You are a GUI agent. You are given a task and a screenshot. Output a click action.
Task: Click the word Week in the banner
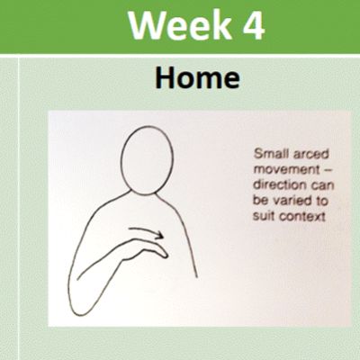(180, 24)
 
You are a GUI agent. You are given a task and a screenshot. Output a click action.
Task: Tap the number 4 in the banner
(253, 24)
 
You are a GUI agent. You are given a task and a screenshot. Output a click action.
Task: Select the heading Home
(197, 77)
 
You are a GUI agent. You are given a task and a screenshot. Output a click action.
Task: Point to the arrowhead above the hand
(159, 235)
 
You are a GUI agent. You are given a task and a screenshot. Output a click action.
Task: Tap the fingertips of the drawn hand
(164, 255)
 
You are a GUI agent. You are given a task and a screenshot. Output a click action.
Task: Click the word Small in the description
(270, 154)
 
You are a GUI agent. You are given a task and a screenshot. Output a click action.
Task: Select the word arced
(310, 154)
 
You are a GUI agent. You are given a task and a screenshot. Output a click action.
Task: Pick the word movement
(286, 170)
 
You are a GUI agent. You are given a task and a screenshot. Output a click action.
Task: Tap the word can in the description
(322, 185)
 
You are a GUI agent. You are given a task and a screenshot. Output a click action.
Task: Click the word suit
(265, 216)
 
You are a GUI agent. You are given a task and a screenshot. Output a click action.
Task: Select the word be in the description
(260, 201)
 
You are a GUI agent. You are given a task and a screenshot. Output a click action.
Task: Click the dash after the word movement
(328, 170)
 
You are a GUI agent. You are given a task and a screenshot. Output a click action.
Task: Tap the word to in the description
(321, 201)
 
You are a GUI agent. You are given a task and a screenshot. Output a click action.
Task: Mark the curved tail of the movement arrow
(141, 230)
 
